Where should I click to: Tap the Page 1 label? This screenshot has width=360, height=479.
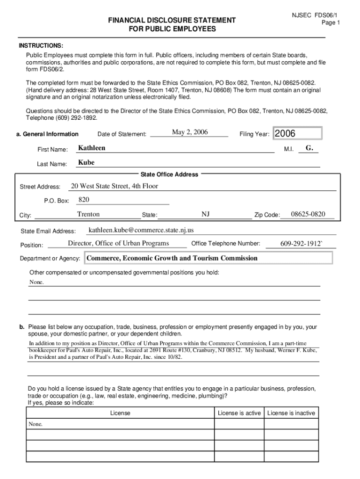(331, 22)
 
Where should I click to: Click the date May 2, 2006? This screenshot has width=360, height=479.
(190, 132)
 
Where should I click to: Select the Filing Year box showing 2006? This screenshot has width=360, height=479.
(297, 134)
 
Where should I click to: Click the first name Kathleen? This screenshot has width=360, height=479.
(92, 148)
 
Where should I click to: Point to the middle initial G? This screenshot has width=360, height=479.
(309, 148)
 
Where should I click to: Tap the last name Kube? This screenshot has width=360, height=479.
(86, 163)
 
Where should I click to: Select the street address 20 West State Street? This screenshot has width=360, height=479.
(114, 186)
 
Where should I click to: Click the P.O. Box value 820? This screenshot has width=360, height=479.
(84, 200)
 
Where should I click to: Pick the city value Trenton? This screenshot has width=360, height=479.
(88, 214)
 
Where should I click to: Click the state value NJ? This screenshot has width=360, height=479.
(205, 214)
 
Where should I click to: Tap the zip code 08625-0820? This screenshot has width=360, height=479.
(308, 214)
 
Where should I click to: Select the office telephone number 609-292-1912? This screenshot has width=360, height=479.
(302, 244)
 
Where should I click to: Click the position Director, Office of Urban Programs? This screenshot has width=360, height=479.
(118, 243)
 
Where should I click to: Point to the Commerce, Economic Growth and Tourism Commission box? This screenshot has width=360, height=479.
(208, 258)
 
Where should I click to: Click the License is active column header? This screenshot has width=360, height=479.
(239, 413)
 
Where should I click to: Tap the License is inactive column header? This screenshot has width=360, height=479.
(291, 413)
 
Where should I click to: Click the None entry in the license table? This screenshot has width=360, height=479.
(36, 424)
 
